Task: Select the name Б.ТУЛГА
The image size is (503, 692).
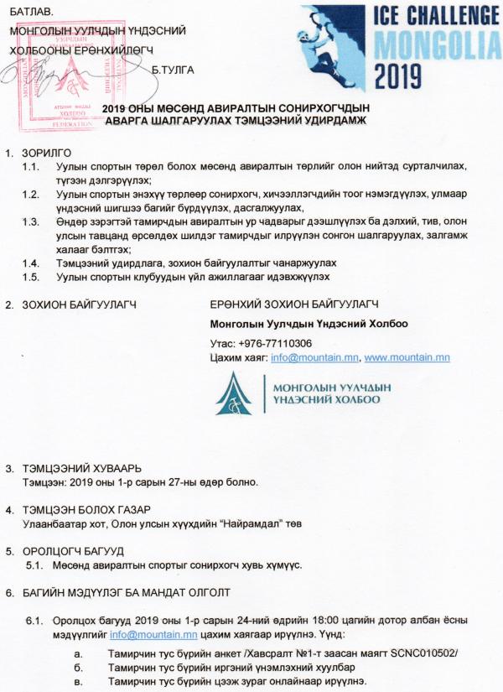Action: click(x=174, y=69)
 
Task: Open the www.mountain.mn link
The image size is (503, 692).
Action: click(x=407, y=357)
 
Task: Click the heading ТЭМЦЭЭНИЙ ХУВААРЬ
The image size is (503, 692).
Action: click(x=80, y=467)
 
